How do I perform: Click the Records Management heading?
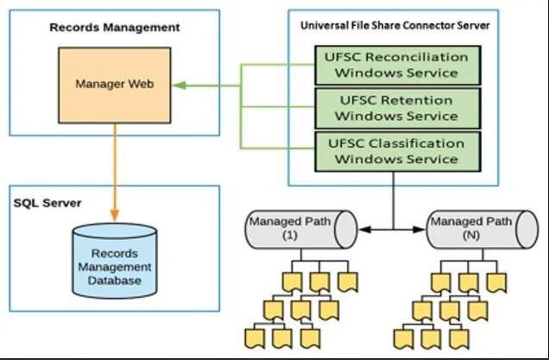(114, 28)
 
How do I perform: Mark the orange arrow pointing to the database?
(115, 173)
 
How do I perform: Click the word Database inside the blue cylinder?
(115, 281)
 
